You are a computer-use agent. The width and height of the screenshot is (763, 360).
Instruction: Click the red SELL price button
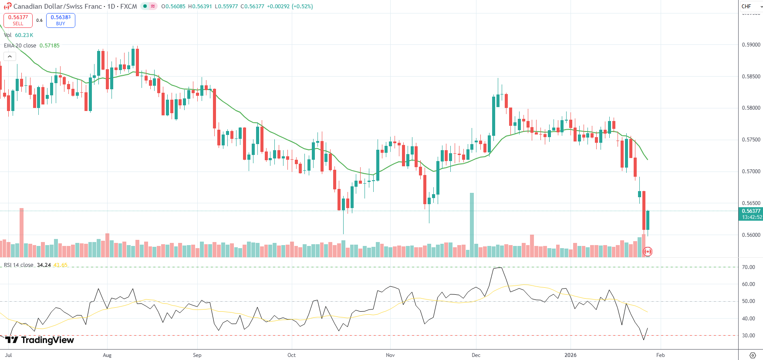click(18, 20)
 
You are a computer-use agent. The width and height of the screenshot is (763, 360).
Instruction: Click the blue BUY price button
click(61, 20)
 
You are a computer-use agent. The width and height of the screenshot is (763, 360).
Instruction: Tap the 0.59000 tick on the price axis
click(751, 45)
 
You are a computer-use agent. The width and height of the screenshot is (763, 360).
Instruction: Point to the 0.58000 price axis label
click(751, 108)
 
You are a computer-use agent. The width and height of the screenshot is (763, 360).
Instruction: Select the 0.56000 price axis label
click(751, 235)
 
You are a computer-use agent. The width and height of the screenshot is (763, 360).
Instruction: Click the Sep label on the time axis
click(197, 355)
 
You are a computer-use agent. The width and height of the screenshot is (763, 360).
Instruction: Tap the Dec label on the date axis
click(476, 355)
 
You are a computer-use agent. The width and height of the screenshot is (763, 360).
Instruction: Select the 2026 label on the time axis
click(570, 355)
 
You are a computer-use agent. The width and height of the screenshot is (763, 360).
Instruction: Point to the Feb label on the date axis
click(660, 355)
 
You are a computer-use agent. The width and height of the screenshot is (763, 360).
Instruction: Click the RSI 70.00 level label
click(748, 267)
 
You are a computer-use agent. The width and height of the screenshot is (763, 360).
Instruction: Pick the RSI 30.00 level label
click(748, 336)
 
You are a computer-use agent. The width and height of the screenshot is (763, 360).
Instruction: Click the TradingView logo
click(40, 340)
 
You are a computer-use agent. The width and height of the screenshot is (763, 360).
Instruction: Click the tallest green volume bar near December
click(472, 224)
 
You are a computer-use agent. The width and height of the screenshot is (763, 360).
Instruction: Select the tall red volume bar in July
click(22, 232)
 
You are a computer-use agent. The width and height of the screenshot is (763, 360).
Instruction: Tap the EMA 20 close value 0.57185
click(50, 46)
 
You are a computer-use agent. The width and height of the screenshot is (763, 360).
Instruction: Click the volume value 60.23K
click(24, 35)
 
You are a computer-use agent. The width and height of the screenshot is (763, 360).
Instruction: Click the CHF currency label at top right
click(746, 7)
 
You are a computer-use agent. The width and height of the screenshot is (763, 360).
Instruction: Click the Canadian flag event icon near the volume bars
click(648, 252)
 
